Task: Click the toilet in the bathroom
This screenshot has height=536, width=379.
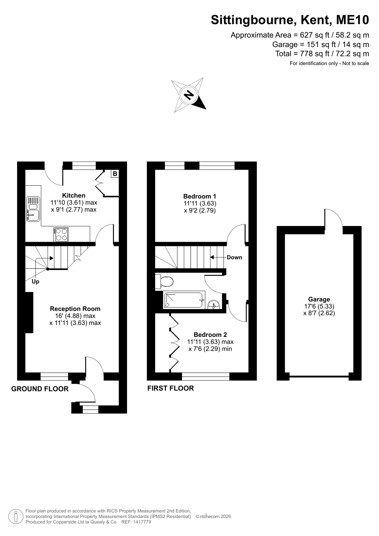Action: (x=164, y=282)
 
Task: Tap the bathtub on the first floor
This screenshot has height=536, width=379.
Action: (x=184, y=300)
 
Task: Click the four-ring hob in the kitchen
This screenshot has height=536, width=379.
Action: (x=61, y=235)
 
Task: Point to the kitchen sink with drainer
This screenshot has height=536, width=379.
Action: (x=33, y=209)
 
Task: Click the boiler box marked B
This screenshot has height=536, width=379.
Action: (x=115, y=174)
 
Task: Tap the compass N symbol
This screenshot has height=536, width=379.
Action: (x=189, y=95)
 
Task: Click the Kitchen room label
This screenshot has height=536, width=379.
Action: (x=74, y=195)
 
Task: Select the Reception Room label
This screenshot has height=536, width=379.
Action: (x=75, y=309)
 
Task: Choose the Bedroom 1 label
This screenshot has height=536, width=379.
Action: (x=199, y=196)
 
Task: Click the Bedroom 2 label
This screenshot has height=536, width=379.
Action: (x=210, y=335)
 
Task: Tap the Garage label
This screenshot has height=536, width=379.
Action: (x=319, y=299)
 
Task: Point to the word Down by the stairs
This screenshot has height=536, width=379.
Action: (x=235, y=257)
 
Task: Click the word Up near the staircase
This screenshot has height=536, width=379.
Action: (x=36, y=282)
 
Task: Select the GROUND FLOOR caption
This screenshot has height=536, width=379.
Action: (x=40, y=389)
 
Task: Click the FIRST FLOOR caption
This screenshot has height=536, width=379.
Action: (x=171, y=388)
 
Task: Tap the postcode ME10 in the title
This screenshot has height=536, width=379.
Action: (x=353, y=20)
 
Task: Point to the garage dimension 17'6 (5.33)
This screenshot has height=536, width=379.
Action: (x=319, y=306)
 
